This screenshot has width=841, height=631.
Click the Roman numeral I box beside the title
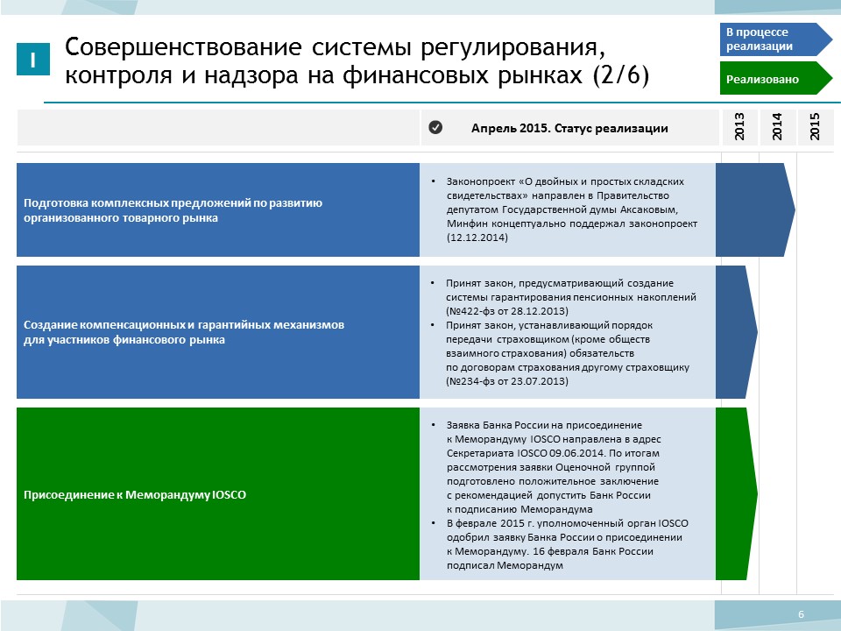(x=33, y=59)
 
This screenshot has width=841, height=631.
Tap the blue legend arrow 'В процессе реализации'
(x=775, y=39)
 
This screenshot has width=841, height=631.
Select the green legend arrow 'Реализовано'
(x=775, y=78)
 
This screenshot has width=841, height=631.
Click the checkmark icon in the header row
(x=435, y=127)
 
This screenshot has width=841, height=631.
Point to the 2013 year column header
(x=739, y=127)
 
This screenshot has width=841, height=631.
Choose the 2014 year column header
(x=777, y=127)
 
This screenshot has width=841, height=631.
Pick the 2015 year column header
(x=816, y=127)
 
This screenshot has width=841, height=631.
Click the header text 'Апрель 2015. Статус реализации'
(x=569, y=128)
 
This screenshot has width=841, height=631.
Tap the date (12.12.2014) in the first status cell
(x=477, y=238)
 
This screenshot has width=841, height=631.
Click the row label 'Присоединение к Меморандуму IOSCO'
(x=135, y=494)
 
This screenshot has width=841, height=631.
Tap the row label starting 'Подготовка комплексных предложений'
(x=173, y=210)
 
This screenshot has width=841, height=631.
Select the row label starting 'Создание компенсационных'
(x=184, y=332)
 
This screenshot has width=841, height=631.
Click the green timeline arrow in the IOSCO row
(x=737, y=493)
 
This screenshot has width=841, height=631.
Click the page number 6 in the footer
(x=802, y=614)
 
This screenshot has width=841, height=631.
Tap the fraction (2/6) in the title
(x=621, y=74)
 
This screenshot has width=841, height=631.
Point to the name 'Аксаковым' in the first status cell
(x=649, y=209)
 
